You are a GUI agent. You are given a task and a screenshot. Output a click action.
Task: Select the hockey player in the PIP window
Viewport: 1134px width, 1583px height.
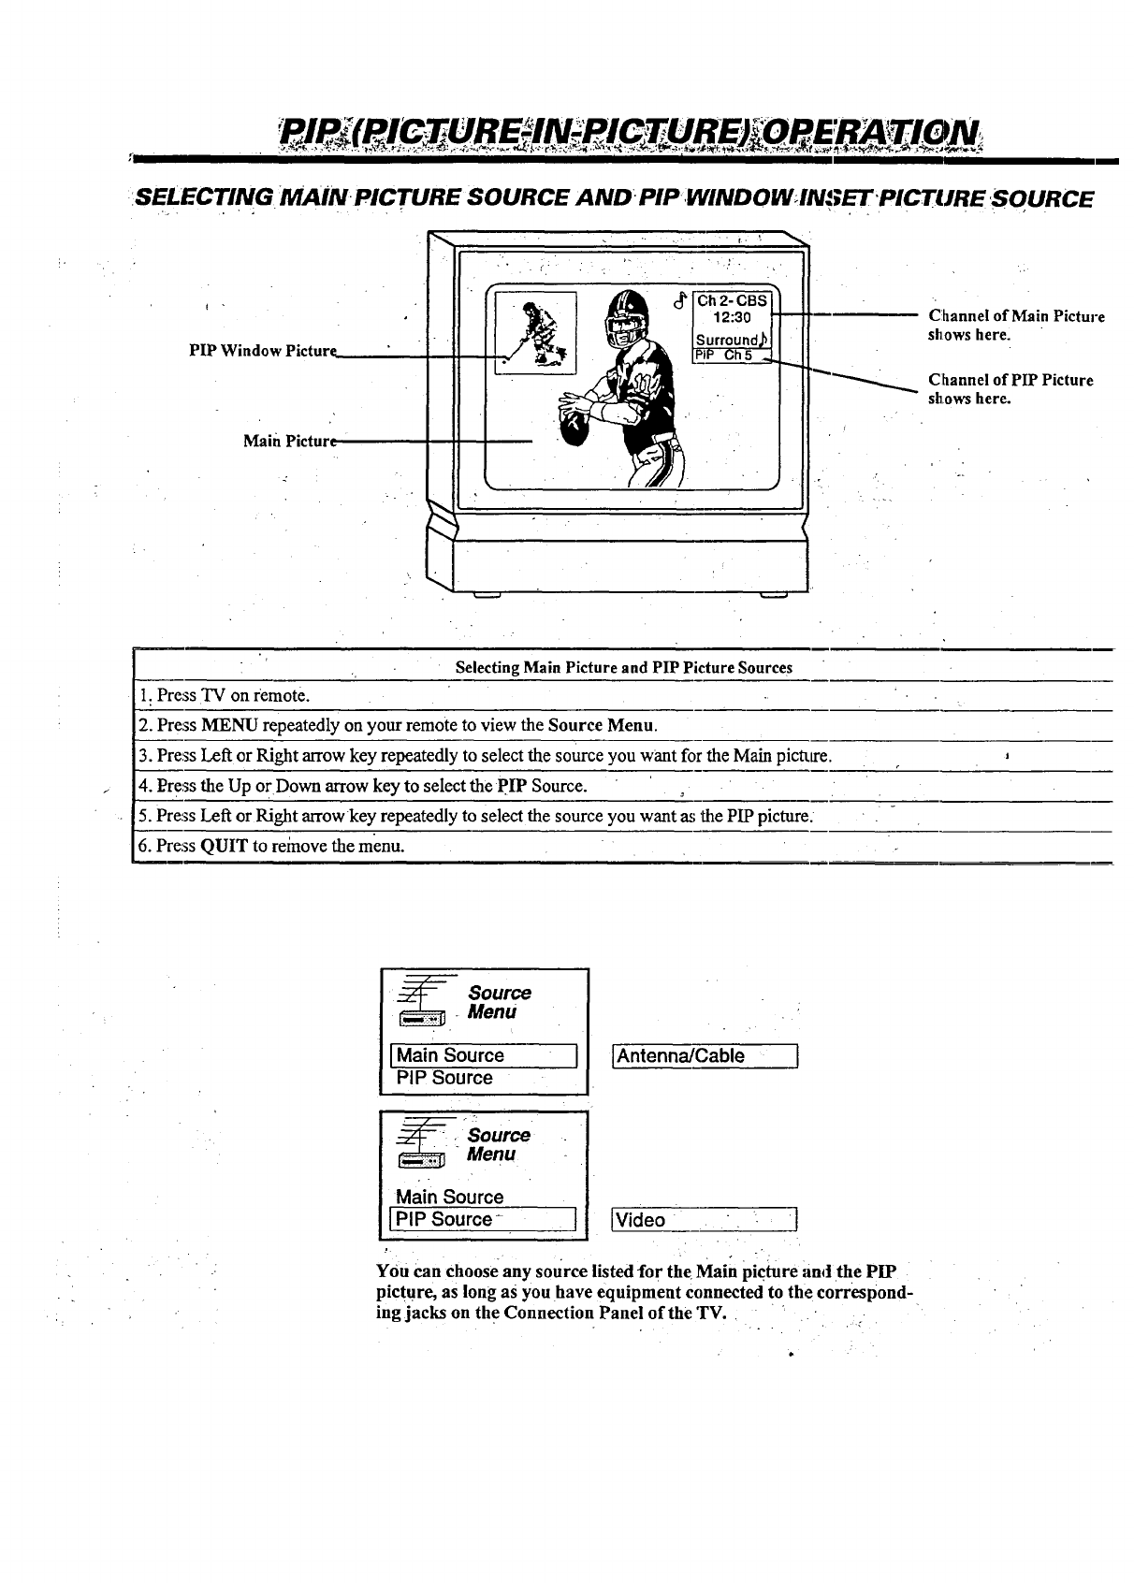point(540,332)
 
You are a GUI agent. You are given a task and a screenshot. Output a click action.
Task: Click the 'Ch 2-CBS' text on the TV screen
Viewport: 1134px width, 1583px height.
point(732,300)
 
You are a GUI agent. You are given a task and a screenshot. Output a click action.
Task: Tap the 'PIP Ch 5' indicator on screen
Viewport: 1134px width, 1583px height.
point(730,355)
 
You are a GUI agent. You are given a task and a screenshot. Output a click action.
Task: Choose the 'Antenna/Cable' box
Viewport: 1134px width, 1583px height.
point(704,1055)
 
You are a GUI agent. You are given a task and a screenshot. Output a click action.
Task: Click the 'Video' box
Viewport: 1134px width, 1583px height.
point(704,1220)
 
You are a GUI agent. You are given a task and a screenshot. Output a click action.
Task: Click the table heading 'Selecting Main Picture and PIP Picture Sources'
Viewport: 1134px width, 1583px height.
point(623,668)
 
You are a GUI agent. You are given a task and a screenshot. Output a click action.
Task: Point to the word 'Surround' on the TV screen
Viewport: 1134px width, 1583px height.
point(725,339)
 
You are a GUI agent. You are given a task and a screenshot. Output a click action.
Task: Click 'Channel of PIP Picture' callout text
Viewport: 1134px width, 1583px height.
point(1010,380)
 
